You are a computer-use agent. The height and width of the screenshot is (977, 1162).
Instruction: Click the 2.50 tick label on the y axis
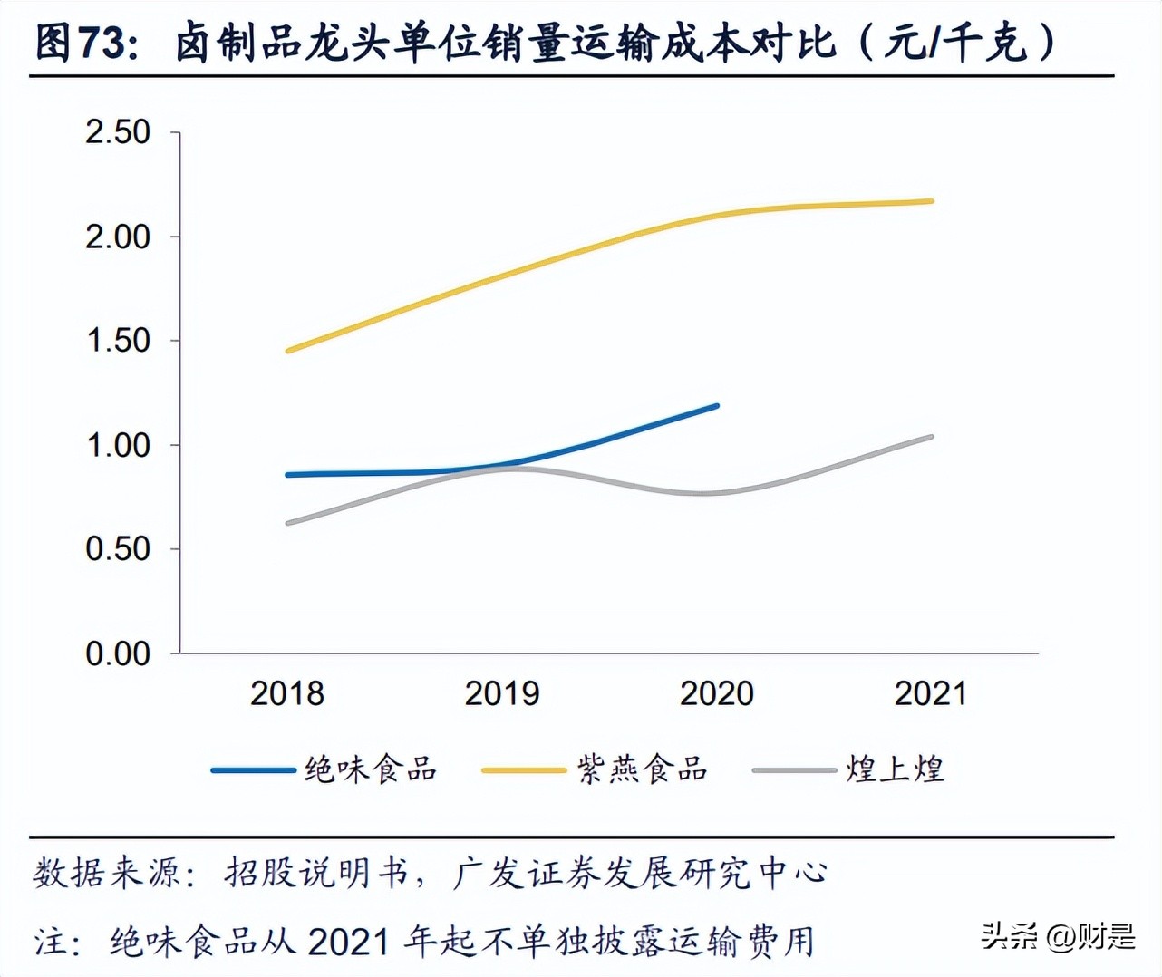(118, 132)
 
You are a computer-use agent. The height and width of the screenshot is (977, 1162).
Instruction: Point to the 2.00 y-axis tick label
(118, 237)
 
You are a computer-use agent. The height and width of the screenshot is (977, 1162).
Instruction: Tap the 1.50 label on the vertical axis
(118, 342)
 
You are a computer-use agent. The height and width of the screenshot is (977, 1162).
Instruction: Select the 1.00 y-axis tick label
(118, 446)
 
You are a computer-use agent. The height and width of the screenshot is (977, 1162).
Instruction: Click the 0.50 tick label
(118, 549)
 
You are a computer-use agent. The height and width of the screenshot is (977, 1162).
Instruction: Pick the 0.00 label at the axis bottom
(118, 653)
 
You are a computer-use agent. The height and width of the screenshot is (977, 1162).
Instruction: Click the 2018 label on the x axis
(286, 693)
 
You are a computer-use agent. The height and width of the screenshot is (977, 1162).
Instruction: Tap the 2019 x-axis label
(501, 693)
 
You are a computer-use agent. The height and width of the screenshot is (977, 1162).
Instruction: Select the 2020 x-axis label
(716, 693)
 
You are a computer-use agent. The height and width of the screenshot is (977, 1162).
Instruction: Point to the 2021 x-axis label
(931, 693)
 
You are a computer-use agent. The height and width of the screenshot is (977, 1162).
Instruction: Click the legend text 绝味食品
(371, 769)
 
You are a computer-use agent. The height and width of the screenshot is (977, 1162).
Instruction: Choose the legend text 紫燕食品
(643, 769)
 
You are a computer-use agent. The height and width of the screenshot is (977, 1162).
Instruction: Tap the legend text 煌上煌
(896, 769)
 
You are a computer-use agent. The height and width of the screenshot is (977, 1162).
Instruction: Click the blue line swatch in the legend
(253, 770)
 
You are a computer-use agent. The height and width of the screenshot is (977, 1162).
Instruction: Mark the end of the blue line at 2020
(717, 406)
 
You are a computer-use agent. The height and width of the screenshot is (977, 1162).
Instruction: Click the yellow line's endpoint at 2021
(932, 201)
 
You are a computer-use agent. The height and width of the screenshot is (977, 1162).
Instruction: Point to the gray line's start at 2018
(288, 523)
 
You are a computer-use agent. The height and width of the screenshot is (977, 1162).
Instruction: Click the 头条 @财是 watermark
(1058, 935)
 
